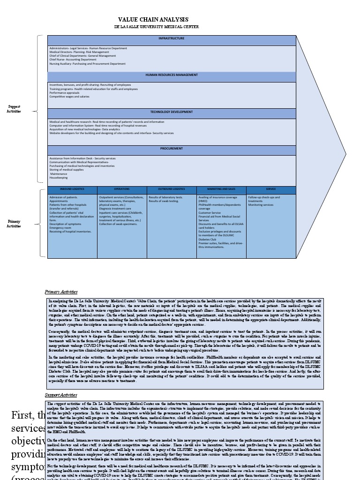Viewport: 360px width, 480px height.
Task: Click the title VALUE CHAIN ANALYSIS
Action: tap(153, 20)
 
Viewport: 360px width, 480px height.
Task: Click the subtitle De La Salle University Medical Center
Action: tap(153, 27)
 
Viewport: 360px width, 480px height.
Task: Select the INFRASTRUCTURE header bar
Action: tap(172, 38)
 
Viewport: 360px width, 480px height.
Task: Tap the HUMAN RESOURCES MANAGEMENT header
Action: tap(172, 75)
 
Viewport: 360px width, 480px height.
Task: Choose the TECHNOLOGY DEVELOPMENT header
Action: tap(172, 112)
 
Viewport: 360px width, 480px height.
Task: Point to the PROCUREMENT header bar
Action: tap(172, 149)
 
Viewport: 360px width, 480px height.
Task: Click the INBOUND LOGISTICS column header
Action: tap(72, 189)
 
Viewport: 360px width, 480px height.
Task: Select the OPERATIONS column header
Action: tap(122, 189)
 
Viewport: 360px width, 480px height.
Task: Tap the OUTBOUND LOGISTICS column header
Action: tap(172, 189)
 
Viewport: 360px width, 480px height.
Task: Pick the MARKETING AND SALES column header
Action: tap(221, 189)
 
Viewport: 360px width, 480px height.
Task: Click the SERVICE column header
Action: tap(271, 189)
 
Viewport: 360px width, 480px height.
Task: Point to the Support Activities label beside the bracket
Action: tap(14, 109)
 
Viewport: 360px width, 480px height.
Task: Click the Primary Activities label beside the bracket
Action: tap(14, 224)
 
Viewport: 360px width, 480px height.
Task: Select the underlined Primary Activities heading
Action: tap(61, 292)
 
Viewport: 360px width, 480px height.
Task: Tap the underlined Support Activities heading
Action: tap(61, 396)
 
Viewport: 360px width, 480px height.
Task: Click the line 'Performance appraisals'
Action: tap(64, 93)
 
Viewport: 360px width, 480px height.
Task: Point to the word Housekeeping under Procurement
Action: tap(59, 178)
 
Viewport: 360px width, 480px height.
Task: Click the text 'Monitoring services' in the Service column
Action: tap(261, 205)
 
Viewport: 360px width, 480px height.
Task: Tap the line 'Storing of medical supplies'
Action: tap(67, 170)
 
